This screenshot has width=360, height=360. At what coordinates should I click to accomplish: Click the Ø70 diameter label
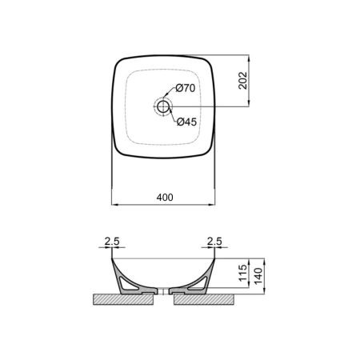[x=186, y=88]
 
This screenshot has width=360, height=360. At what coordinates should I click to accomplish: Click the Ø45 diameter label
[x=186, y=122]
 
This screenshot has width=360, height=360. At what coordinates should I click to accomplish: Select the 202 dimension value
[x=243, y=81]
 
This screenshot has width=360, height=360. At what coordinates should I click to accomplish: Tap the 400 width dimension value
[x=165, y=198]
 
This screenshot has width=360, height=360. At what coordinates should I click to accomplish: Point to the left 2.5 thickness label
[x=112, y=242]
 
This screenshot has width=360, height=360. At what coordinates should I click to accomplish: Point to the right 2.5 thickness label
[x=214, y=242]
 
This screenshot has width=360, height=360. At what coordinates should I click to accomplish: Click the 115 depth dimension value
[x=243, y=273]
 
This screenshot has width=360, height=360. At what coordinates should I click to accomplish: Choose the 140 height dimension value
[x=258, y=276]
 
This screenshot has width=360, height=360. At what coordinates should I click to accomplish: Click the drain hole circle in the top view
[x=162, y=106]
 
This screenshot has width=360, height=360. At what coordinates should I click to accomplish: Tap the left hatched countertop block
[x=123, y=299]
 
